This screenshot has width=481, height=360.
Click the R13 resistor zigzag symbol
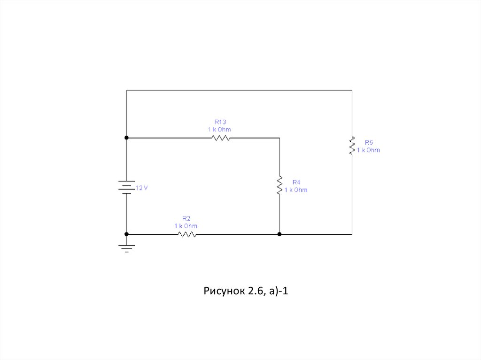point(220,138)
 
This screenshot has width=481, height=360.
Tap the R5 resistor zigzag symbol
point(352,146)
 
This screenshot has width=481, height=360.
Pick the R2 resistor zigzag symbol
point(186,234)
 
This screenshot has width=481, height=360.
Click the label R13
point(220,122)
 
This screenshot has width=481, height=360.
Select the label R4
point(296,182)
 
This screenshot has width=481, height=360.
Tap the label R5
point(368,142)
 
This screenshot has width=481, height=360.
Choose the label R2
point(186,218)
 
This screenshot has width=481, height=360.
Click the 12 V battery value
point(141,188)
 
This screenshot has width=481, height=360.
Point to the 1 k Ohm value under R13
point(219,129)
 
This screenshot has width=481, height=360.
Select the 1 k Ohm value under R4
point(296,190)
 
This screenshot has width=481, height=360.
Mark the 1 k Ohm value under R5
point(368,150)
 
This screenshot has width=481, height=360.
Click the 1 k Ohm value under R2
point(186,226)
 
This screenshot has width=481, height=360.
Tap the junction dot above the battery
point(126,138)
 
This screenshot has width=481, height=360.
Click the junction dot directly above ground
point(126,234)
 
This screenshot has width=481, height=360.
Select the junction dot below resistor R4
point(279,234)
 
